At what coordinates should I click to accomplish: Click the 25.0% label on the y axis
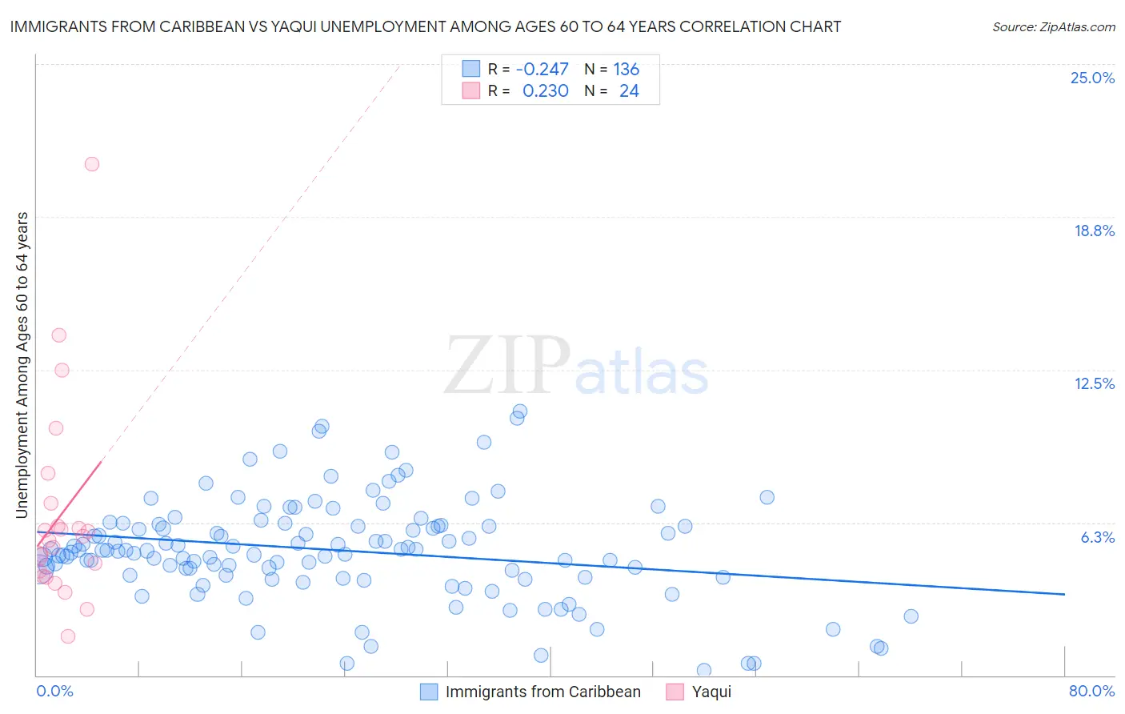click(x=1092, y=78)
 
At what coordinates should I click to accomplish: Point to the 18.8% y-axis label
click(x=1094, y=231)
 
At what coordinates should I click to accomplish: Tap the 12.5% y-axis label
click(x=1094, y=383)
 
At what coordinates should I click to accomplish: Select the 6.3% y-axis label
click(x=1097, y=537)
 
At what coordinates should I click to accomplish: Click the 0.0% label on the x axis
click(x=54, y=691)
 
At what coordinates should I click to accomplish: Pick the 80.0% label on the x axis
click(x=1091, y=691)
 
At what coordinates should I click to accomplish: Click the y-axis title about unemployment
click(x=22, y=365)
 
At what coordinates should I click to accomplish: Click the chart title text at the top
click(x=425, y=26)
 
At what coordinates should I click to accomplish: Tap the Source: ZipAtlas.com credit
click(x=1053, y=26)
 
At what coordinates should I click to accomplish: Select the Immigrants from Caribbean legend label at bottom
click(x=542, y=692)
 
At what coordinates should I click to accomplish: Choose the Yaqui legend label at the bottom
click(x=711, y=692)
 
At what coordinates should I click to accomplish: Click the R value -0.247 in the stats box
click(x=542, y=69)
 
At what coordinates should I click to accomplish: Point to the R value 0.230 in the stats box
click(x=545, y=90)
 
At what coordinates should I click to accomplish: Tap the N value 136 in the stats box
click(x=626, y=69)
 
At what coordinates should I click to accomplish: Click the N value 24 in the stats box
click(x=629, y=90)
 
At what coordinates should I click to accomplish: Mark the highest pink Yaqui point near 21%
click(x=92, y=164)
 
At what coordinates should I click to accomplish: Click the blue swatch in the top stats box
click(x=471, y=69)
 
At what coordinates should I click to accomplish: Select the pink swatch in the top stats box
click(x=471, y=90)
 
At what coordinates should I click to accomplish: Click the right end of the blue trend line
click(x=1064, y=594)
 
